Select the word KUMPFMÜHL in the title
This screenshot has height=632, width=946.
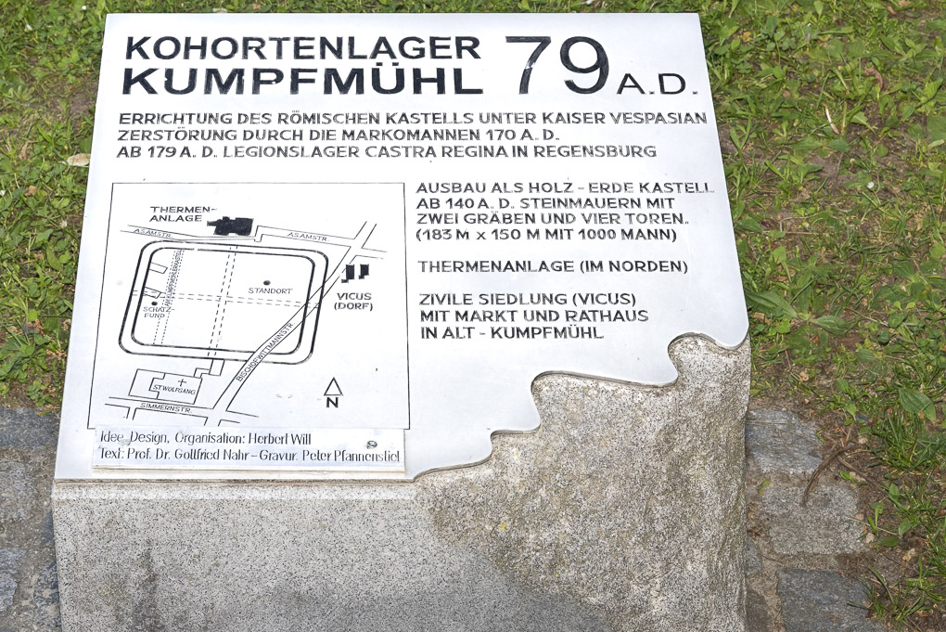click(x=302, y=81)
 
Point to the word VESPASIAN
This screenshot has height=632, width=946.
click(x=655, y=119)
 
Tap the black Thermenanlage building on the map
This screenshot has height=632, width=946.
click(x=230, y=226)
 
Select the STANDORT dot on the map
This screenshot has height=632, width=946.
click(x=266, y=282)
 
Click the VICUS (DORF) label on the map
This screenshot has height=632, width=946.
click(x=353, y=301)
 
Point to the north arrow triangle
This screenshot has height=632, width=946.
click(x=333, y=387)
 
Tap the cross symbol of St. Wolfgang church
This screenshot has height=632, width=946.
click(x=182, y=380)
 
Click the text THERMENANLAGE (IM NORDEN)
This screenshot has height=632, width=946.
click(x=553, y=266)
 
